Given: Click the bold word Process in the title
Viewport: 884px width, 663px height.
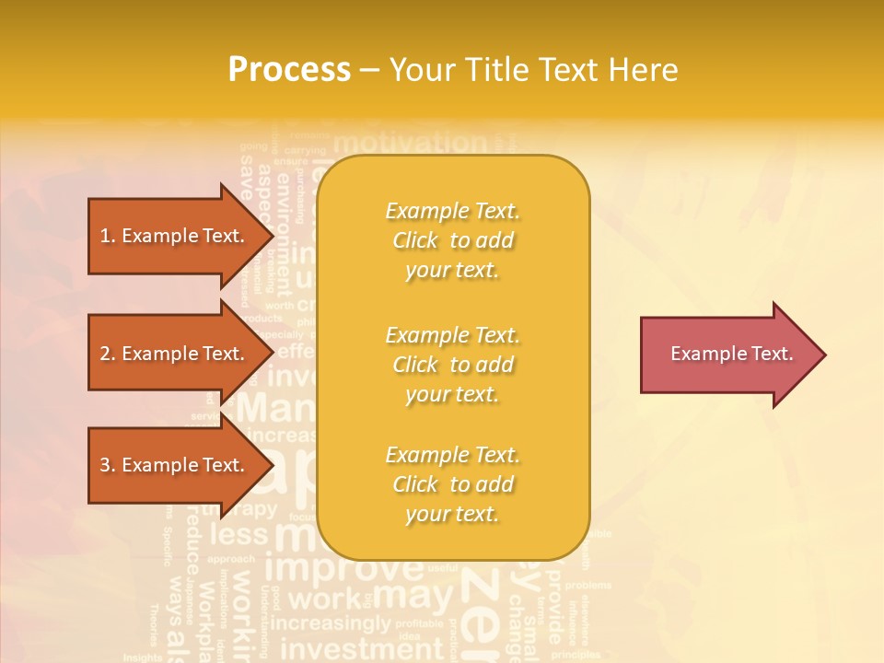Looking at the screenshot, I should (289, 70).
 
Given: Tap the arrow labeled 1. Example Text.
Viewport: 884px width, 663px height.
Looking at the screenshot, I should (175, 236).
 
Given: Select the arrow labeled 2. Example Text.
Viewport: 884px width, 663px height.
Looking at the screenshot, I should (175, 354).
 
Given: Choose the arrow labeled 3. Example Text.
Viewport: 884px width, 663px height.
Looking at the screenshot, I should (175, 465).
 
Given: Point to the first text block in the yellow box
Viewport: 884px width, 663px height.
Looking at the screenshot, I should (452, 240).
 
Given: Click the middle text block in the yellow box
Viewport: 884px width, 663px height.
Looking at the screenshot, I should (452, 365).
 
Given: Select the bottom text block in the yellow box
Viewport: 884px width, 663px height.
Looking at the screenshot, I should (452, 484).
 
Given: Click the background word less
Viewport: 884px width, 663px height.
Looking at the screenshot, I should (238, 534).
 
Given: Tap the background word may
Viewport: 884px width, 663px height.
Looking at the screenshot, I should (413, 597).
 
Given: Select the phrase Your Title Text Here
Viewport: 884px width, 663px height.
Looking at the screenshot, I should (533, 70).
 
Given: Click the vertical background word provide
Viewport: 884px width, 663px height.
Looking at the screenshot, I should (554, 603).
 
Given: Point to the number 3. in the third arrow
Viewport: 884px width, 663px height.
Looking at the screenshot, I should (108, 465).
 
